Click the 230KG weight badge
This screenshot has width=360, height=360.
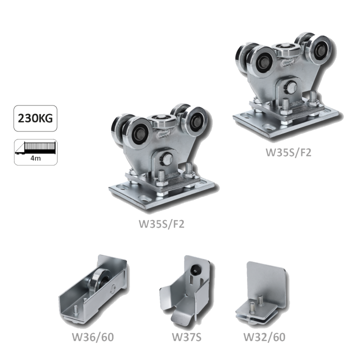[x=35, y=118]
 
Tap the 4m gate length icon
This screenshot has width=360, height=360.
[x=35, y=152]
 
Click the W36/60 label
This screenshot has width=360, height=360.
[x=93, y=337]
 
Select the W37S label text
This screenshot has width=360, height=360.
[x=186, y=337]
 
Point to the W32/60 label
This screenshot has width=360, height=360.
[x=264, y=337]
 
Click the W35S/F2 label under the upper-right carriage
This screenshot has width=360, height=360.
[x=288, y=152]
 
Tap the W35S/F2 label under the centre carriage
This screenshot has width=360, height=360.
[x=161, y=224]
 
